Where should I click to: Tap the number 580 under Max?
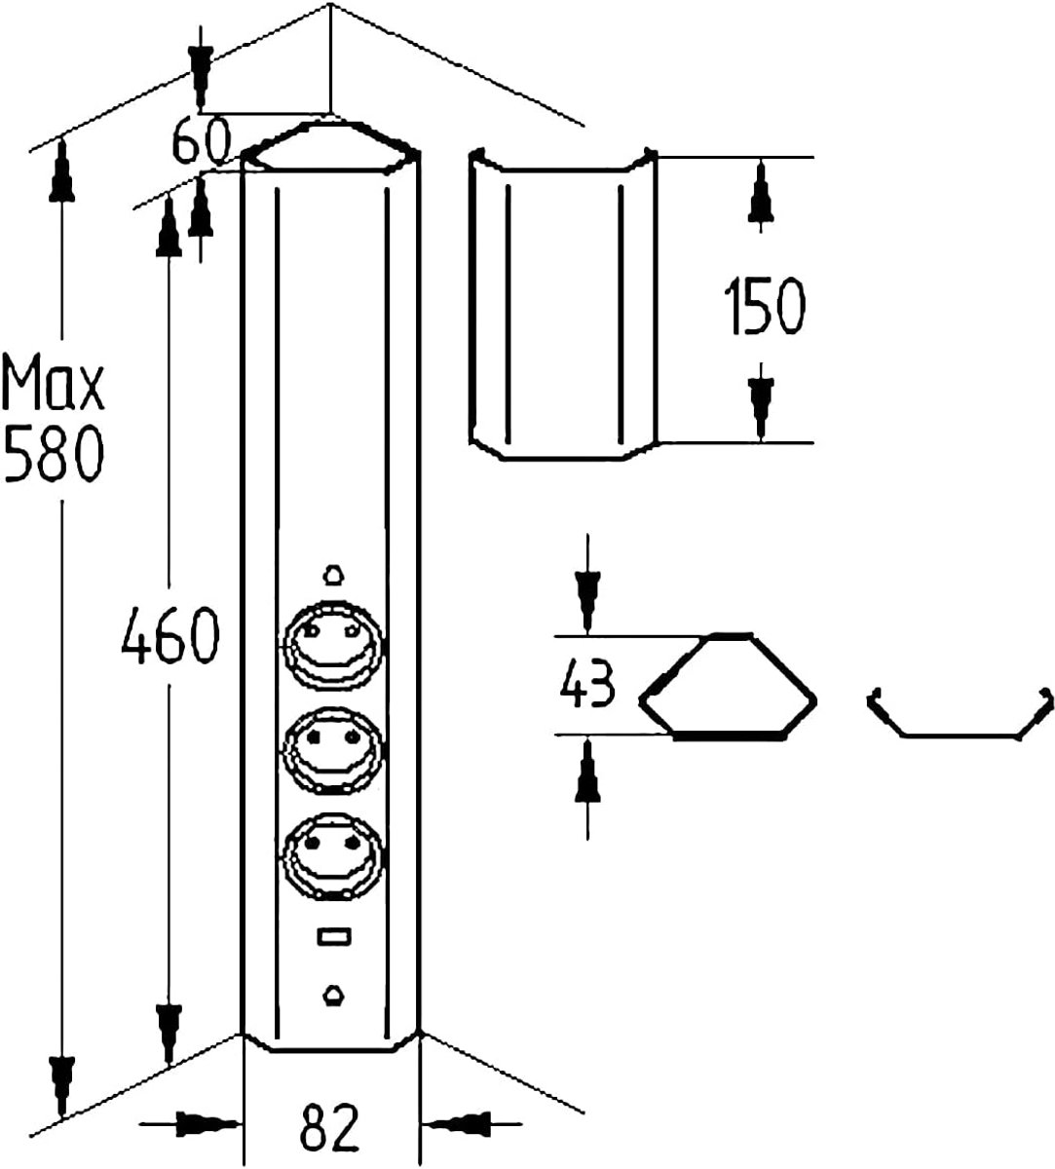pyautogui.click(x=54, y=453)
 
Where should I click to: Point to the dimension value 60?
pyautogui.click(x=202, y=141)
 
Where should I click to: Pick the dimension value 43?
pyautogui.click(x=587, y=684)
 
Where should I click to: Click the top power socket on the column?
pyautogui.click(x=332, y=643)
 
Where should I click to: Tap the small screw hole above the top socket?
pyautogui.click(x=333, y=575)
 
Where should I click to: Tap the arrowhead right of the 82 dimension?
pyautogui.click(x=456, y=1124)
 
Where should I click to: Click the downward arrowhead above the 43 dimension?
pyautogui.click(x=587, y=601)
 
